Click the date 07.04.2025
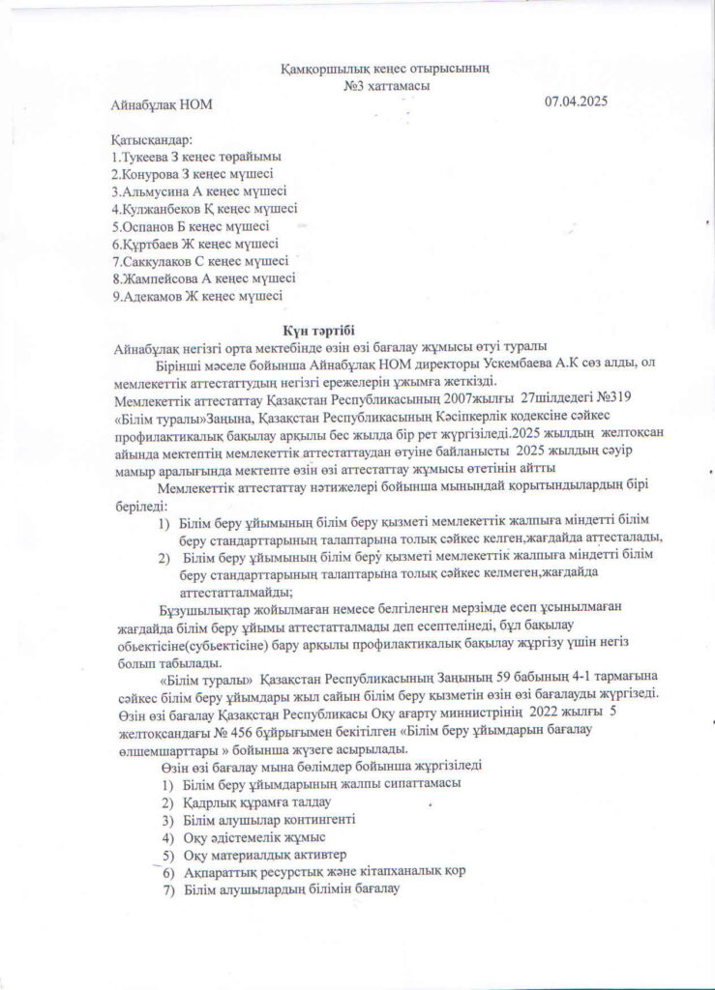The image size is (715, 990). [x=575, y=101]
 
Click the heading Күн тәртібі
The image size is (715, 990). [x=320, y=330]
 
